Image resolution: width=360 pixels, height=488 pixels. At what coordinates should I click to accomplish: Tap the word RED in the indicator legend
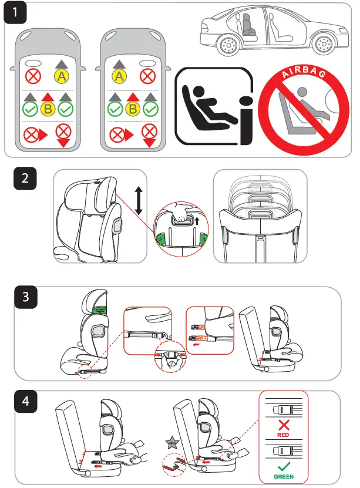pos(282,436)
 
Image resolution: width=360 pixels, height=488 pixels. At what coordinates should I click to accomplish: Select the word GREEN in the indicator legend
pos(283,476)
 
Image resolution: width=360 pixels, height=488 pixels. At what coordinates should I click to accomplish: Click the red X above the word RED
pos(282,425)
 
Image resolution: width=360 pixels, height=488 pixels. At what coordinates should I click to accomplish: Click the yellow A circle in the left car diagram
pos(61,75)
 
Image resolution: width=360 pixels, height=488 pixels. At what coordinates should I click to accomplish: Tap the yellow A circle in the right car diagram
pos(120,76)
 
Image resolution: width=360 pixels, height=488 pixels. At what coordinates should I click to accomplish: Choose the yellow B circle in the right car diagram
pos(134,109)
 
